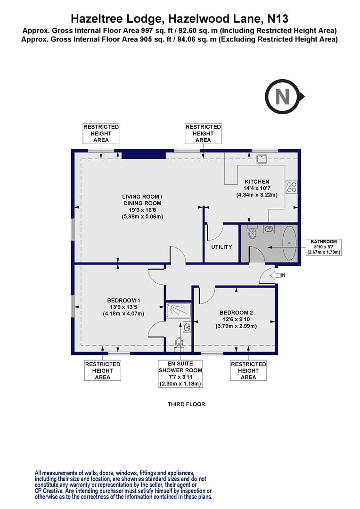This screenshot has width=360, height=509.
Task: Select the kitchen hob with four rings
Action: click(291, 188)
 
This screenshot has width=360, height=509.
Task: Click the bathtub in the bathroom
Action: click(289, 243)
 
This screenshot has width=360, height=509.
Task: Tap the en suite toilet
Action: click(179, 342)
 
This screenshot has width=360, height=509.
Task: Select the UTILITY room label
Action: click(221, 246)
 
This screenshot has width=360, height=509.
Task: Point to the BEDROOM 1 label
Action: click(123, 301)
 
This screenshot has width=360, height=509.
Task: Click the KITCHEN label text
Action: click(256, 181)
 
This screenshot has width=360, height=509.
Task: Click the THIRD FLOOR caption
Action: click(187, 404)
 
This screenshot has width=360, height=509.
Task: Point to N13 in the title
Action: click(278, 19)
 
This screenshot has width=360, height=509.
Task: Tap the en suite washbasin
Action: click(187, 327)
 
